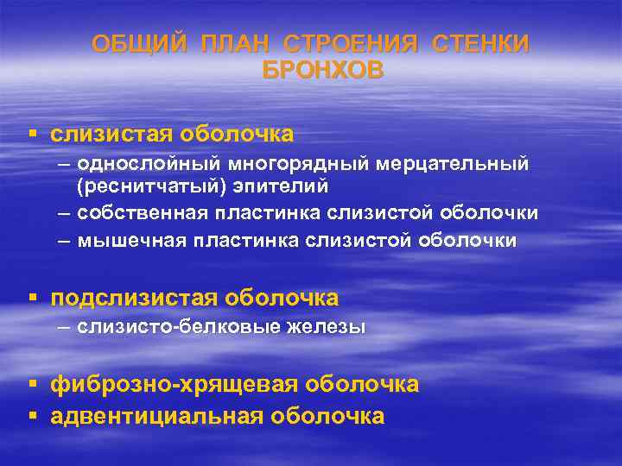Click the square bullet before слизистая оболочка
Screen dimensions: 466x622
point(33,134)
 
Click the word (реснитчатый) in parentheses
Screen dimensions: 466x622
point(137,185)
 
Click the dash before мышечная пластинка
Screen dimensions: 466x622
point(63,241)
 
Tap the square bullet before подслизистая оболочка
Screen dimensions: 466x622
point(33,299)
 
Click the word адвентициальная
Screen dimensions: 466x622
point(156,416)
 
